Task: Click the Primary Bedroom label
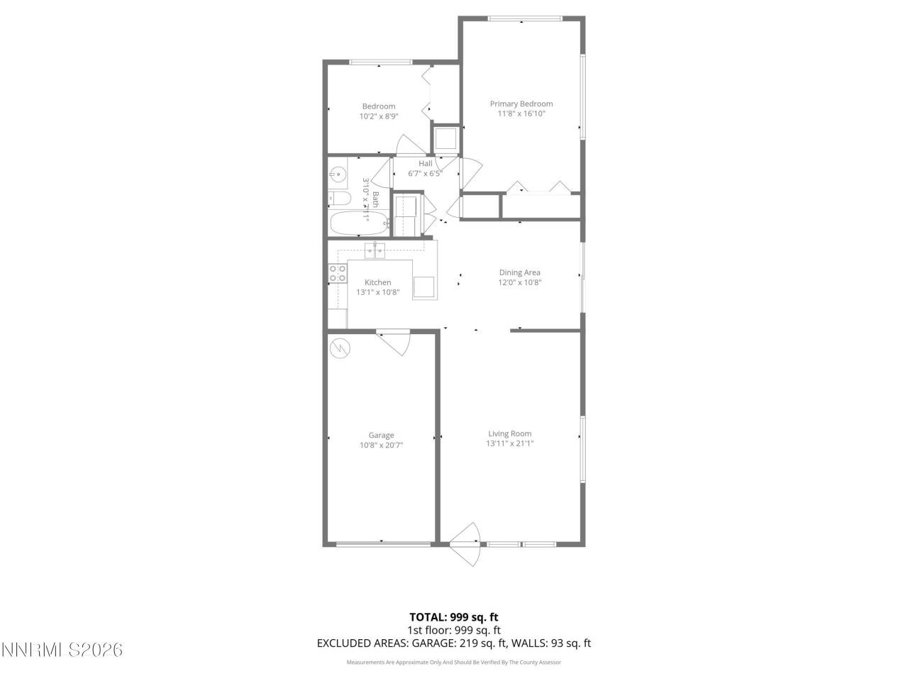[521, 104]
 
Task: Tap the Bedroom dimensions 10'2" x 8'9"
[379, 116]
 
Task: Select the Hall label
[425, 164]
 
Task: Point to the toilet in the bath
[338, 198]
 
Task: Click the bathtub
[359, 223]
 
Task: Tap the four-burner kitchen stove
[338, 274]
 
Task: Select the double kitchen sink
[375, 249]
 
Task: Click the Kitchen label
[378, 282]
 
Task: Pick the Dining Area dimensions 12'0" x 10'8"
[520, 282]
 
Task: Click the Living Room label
[509, 433]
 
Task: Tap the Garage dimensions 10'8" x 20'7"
[381, 445]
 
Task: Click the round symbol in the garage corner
[340, 348]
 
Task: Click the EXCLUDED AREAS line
[453, 643]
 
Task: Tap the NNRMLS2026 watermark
[62, 649]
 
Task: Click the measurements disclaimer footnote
[453, 663]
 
